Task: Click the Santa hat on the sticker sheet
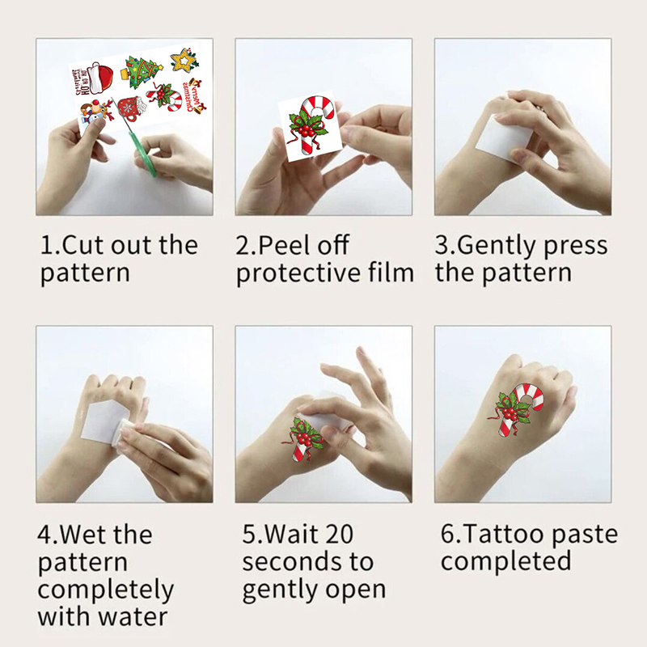point(102,77)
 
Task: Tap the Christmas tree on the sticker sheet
point(141,71)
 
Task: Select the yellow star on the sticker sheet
point(184,60)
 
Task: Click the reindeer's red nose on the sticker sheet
point(95,103)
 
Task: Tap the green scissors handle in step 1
point(146,155)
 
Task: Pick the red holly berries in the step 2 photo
point(307,131)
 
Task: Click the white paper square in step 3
point(502,138)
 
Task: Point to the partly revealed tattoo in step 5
point(302,439)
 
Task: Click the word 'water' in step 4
point(133,617)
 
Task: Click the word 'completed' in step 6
point(506,561)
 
